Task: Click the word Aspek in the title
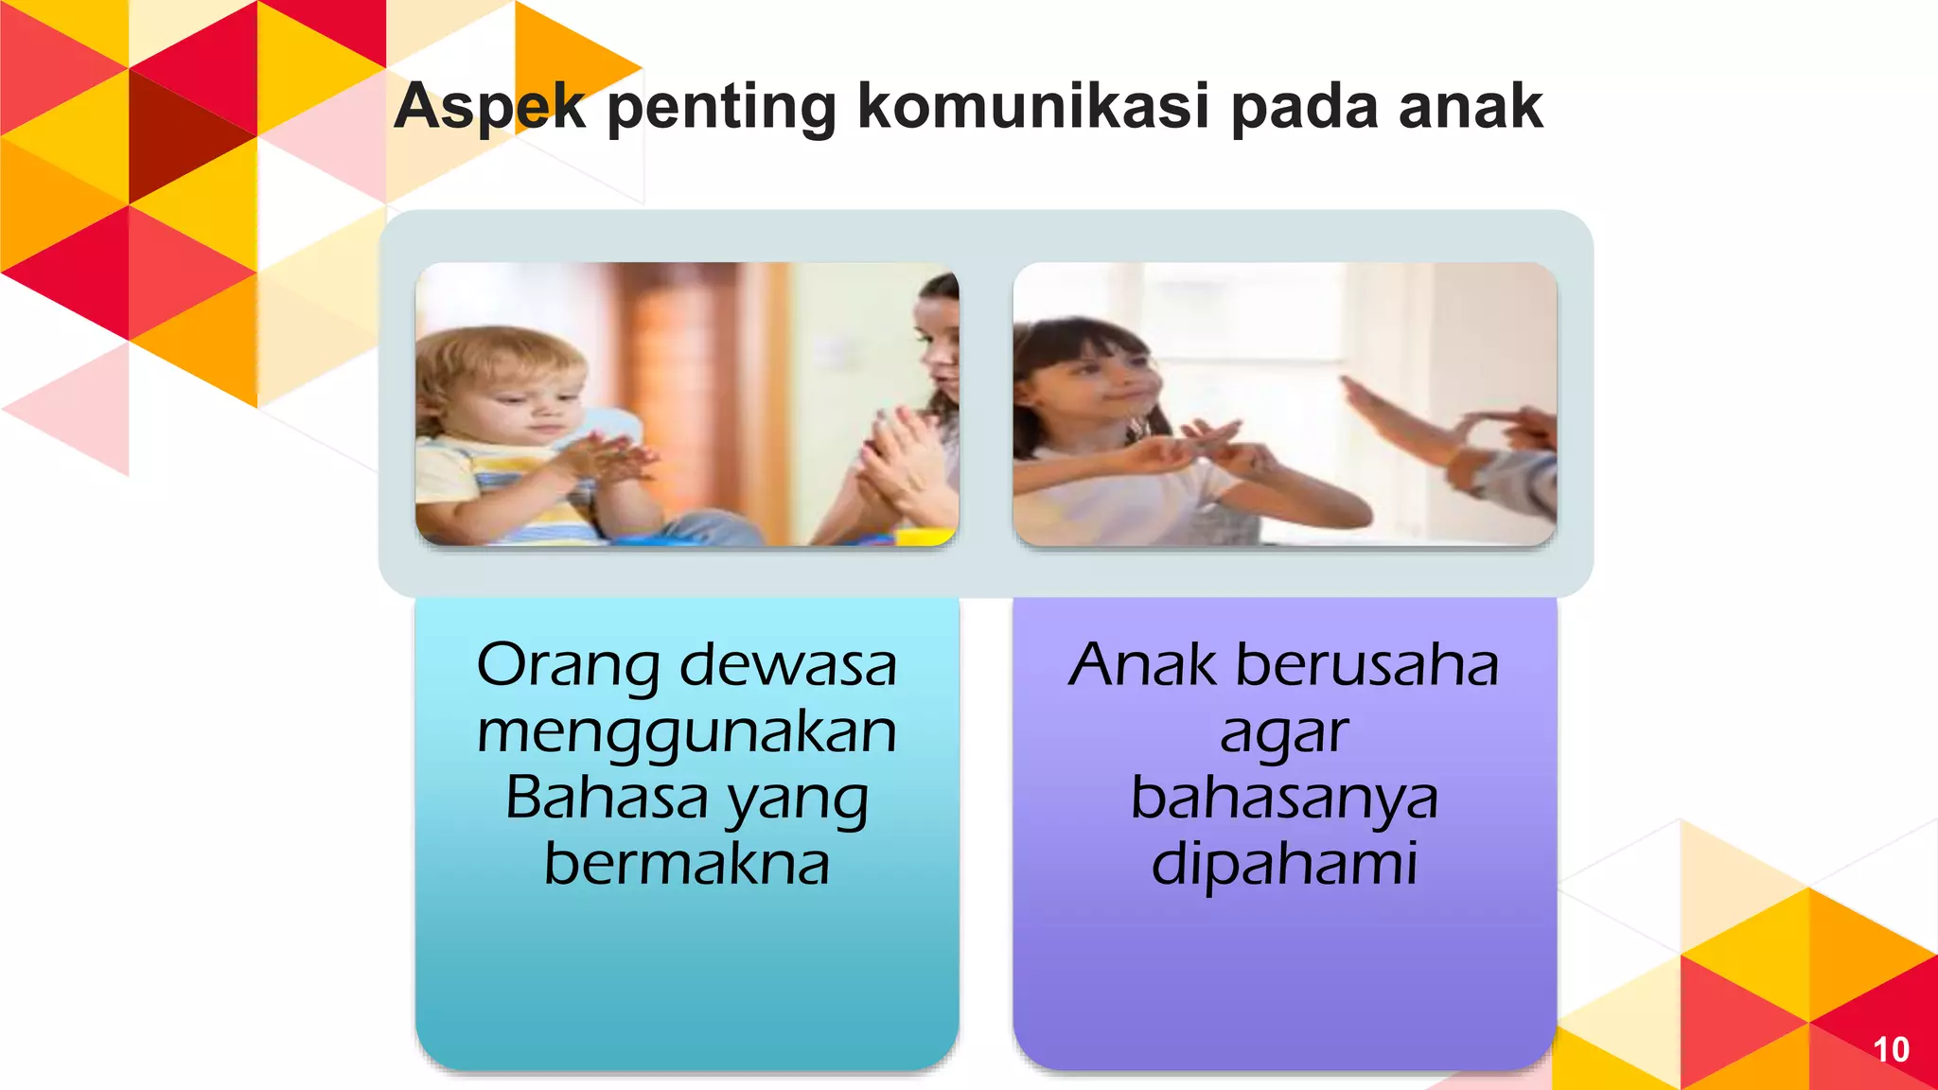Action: click(489, 106)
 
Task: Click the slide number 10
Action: click(1891, 1049)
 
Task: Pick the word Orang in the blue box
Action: click(568, 666)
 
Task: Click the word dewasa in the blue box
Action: click(787, 664)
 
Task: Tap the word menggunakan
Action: click(687, 732)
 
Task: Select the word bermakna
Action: click(687, 863)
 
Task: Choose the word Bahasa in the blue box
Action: click(606, 797)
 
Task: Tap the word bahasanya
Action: click(1284, 799)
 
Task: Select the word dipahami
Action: click(1284, 863)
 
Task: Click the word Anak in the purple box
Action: click(1141, 664)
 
